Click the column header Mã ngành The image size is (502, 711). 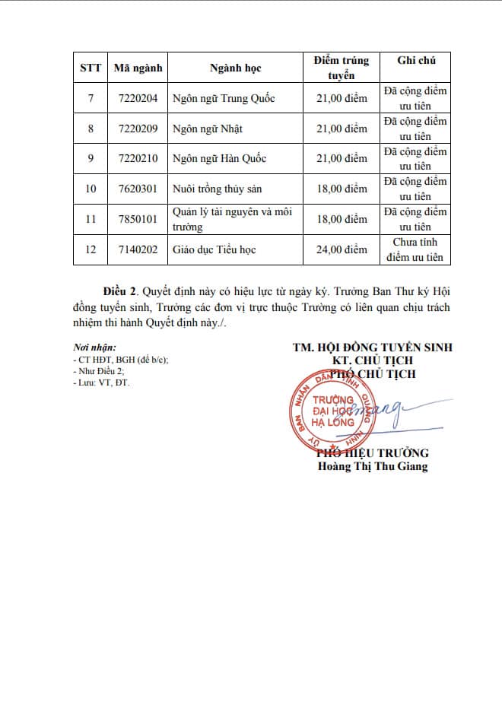tap(138, 68)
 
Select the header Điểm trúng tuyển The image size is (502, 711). tap(342, 68)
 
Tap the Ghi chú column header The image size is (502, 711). tap(415, 60)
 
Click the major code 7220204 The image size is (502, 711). tap(138, 98)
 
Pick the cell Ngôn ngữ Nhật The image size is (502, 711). tap(207, 129)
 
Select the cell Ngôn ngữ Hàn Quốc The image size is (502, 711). tap(219, 159)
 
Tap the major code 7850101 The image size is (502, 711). tap(138, 219)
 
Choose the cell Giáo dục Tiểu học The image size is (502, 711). tap(214, 249)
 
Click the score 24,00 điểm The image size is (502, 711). tap(342, 249)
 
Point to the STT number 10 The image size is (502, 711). tap(91, 189)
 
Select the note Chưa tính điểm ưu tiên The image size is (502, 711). tap(415, 249)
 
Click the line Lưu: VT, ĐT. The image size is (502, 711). tap(100, 382)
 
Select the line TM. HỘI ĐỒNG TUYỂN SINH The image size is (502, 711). tap(373, 347)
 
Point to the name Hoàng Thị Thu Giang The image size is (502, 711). tap(373, 466)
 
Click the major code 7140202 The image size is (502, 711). tap(138, 249)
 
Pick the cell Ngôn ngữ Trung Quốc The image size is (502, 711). tap(224, 98)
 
